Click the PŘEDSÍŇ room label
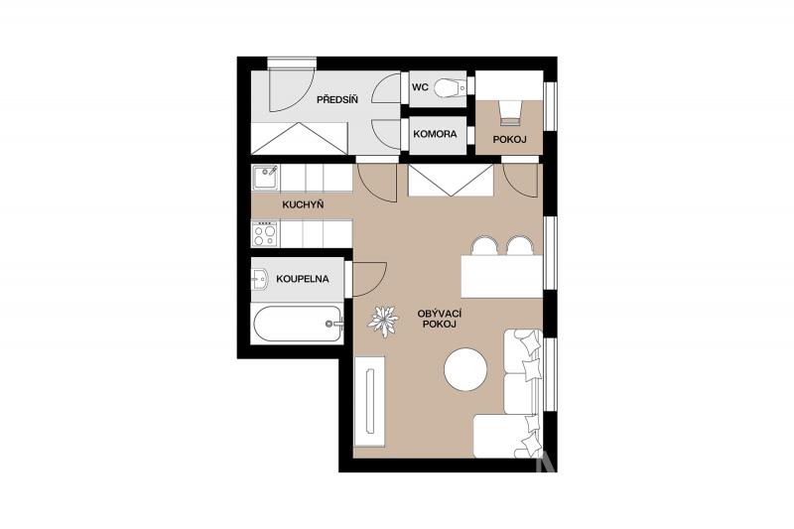[337, 99]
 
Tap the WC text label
[420, 87]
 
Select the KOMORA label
[435, 134]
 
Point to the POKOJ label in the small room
[510, 139]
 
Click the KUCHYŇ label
[303, 205]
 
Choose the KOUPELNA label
[303, 279]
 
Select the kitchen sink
[265, 178]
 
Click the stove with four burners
[265, 234]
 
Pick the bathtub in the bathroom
[297, 324]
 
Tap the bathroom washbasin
[260, 279]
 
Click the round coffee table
[465, 369]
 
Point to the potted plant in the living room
[383, 321]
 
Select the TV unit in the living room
[369, 401]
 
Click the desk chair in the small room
[510, 113]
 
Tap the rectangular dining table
[502, 276]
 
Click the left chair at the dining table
[484, 245]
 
